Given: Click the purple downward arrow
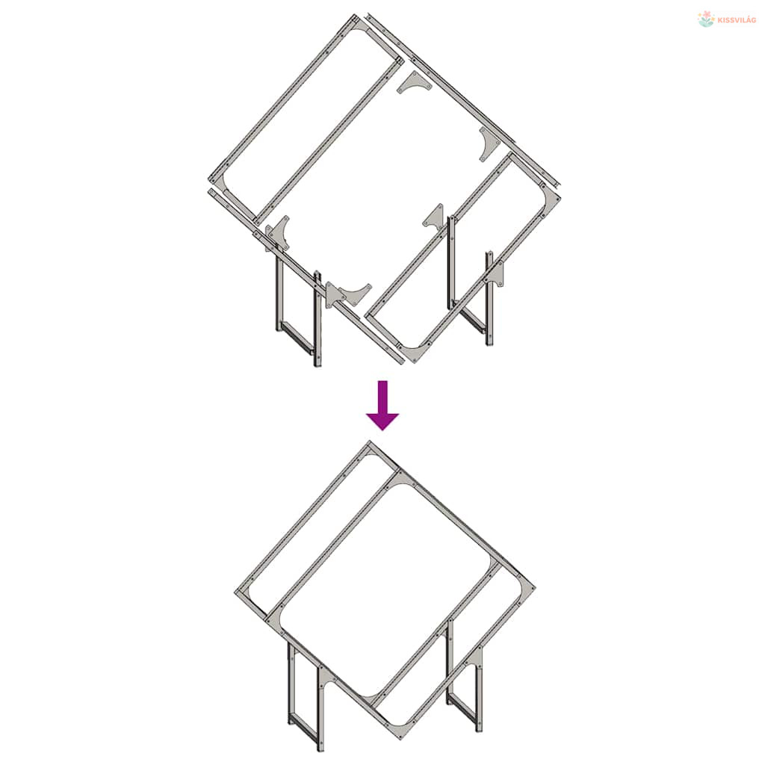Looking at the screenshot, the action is (382, 405).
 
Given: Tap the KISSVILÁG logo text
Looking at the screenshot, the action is (737, 20).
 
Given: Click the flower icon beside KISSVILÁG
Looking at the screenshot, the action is (706, 19).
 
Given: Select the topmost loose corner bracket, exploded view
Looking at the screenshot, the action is (414, 83).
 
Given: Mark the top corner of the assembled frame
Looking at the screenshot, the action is (369, 442).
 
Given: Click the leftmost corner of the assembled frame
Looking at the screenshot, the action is (236, 592).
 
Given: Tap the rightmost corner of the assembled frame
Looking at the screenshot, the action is (534, 587).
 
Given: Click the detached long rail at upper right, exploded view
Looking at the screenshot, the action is (463, 102).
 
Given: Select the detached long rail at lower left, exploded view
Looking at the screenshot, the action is (306, 276).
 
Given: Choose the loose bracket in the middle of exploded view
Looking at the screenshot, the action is (435, 218).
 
